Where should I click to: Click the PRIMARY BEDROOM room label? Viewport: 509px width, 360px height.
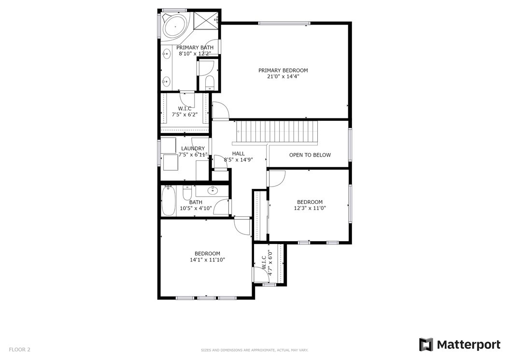click(283, 71)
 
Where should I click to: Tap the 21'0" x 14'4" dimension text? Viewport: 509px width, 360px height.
click(283, 77)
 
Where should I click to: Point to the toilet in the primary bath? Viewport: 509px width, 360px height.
click(210, 83)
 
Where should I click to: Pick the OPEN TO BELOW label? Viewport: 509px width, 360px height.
click(310, 155)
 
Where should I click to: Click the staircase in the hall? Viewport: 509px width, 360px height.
click(275, 132)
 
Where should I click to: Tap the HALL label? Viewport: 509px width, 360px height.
click(239, 154)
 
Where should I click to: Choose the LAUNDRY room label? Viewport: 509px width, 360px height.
click(193, 148)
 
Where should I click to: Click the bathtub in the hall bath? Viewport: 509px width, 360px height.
click(169, 201)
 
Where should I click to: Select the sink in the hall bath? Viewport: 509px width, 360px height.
click(213, 190)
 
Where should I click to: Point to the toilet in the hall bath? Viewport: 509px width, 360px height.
click(187, 193)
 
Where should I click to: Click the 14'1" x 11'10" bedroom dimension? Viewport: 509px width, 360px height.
click(208, 260)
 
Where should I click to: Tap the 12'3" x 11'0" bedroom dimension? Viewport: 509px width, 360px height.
click(310, 208)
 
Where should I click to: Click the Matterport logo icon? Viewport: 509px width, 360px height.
click(426, 345)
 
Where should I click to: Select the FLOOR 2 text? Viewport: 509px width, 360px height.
click(19, 349)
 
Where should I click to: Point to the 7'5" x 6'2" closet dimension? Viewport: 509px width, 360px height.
click(184, 115)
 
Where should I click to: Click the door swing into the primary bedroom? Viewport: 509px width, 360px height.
click(221, 110)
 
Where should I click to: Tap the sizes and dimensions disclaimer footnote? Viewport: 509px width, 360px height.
click(254, 350)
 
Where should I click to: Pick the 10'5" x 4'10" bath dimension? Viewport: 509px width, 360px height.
click(196, 208)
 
